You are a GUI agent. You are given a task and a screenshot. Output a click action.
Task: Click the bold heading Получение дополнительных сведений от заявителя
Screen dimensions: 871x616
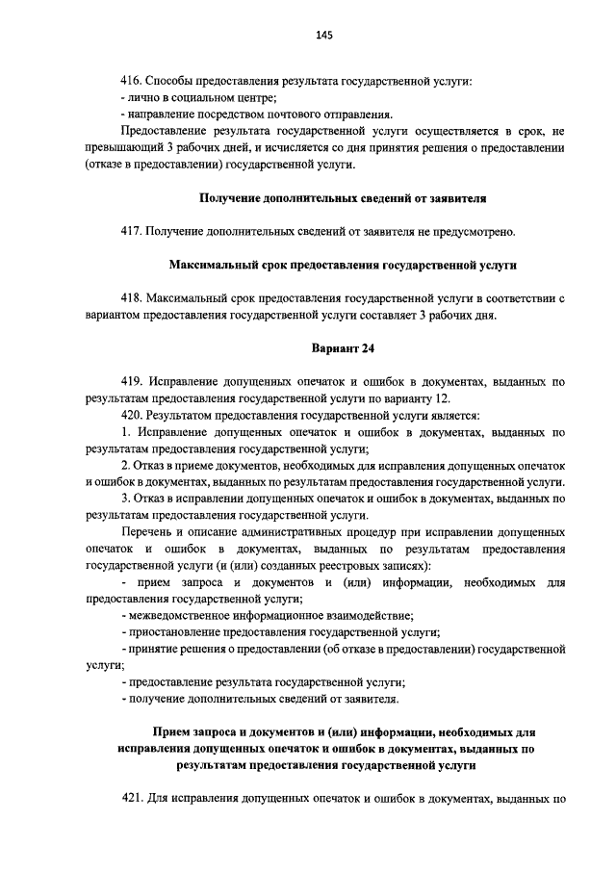343,198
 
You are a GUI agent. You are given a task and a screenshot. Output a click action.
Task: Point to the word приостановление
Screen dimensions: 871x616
174,632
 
